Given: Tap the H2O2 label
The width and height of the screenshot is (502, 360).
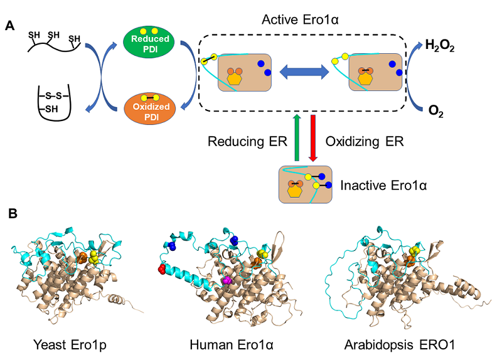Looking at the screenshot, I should click(440, 45).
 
